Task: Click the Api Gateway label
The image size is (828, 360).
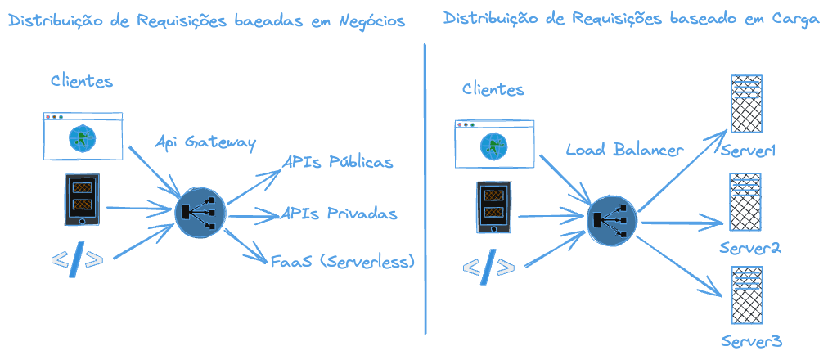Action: pyautogui.click(x=205, y=142)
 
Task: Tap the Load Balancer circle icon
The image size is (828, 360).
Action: pyautogui.click(x=612, y=219)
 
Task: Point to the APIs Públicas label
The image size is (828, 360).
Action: pyautogui.click(x=338, y=162)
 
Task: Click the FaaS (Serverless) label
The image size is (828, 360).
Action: pyautogui.click(x=344, y=261)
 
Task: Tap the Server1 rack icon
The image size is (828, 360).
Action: pyautogui.click(x=746, y=104)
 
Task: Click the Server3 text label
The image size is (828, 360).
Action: pyautogui.click(x=753, y=340)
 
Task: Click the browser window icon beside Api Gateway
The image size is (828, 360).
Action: pyautogui.click(x=83, y=136)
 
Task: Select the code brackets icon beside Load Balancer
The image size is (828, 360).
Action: pyautogui.click(x=489, y=267)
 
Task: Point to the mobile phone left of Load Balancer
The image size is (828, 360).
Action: pyautogui.click(x=493, y=206)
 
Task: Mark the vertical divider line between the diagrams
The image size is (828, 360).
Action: pyautogui.click(x=425, y=188)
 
